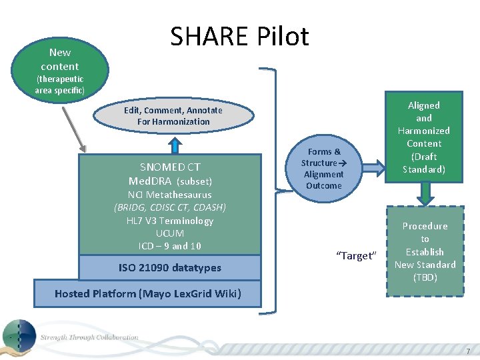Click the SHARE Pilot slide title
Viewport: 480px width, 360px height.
[239, 37]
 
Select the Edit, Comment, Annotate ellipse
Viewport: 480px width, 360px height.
[173, 116]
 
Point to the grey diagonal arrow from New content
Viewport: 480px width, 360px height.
[74, 127]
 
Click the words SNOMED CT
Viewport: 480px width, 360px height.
[170, 167]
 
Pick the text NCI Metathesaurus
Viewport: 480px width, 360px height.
[170, 195]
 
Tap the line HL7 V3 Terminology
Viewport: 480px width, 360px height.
[170, 221]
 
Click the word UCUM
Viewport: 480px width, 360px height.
[170, 233]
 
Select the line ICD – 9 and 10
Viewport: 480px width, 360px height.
[170, 246]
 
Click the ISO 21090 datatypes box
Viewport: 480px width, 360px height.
[170, 268]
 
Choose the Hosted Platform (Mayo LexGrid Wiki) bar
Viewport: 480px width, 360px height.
[147, 293]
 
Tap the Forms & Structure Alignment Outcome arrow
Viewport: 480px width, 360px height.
[323, 169]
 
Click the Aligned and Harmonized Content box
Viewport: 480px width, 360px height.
[424, 137]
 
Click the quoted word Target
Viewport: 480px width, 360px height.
[357, 256]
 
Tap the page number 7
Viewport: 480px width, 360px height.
[468, 351]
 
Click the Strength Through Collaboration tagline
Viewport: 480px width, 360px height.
[89, 337]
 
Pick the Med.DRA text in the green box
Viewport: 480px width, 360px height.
[151, 181]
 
